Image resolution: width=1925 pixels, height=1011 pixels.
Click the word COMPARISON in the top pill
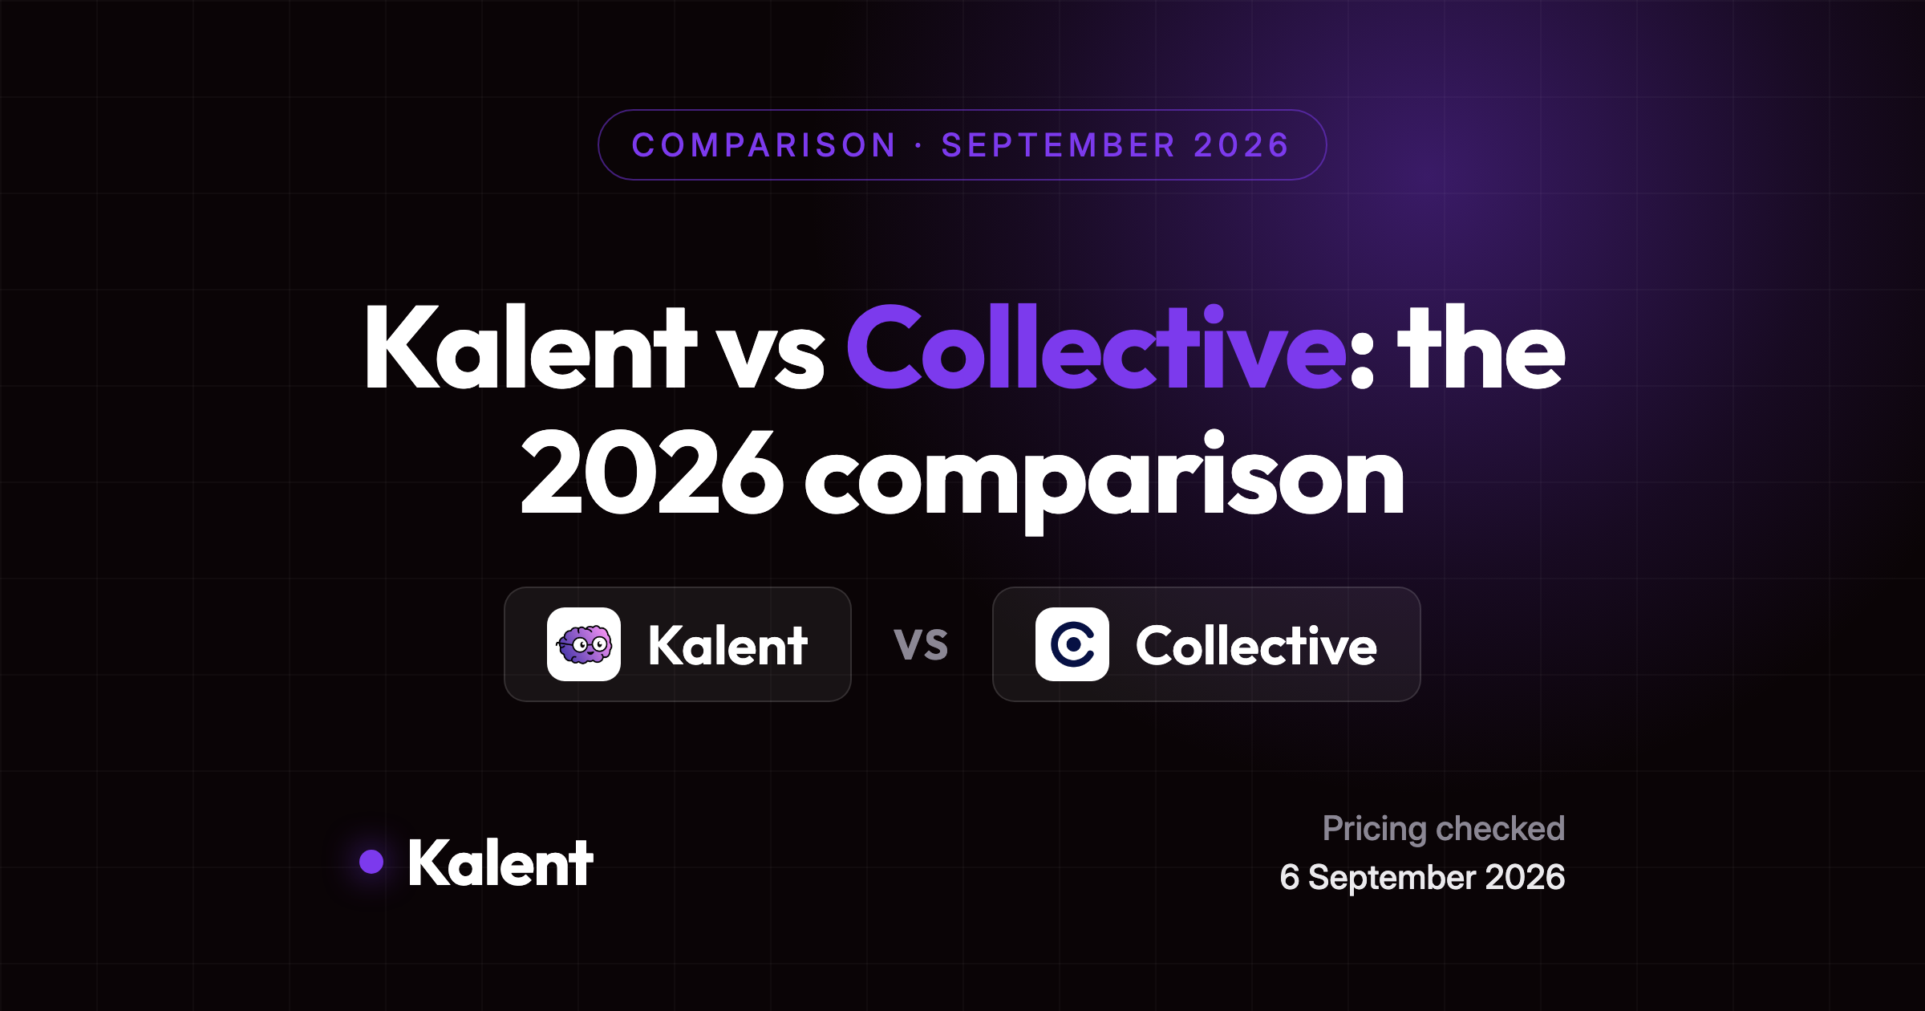[764, 145]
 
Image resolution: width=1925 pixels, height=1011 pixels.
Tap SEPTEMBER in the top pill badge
[1059, 145]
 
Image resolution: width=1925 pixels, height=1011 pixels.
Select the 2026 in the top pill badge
[1242, 145]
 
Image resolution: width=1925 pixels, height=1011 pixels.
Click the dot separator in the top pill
[918, 145]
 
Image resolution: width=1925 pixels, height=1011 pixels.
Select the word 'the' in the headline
[1481, 347]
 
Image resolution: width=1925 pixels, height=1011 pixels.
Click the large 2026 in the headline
[652, 473]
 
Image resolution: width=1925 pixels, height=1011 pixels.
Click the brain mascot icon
[584, 644]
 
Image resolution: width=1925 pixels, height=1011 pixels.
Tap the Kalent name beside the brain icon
[727, 645]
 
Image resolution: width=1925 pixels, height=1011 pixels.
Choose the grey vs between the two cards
[922, 644]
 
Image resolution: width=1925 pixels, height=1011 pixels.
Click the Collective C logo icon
[1072, 644]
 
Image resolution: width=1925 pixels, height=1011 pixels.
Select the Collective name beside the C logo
[1256, 645]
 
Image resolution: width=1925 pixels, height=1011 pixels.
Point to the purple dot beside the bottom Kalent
[371, 862]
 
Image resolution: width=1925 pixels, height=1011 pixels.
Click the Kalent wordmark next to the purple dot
[500, 863]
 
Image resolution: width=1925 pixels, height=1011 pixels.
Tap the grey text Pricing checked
[1444, 829]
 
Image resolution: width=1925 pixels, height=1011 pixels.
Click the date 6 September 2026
[1423, 877]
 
